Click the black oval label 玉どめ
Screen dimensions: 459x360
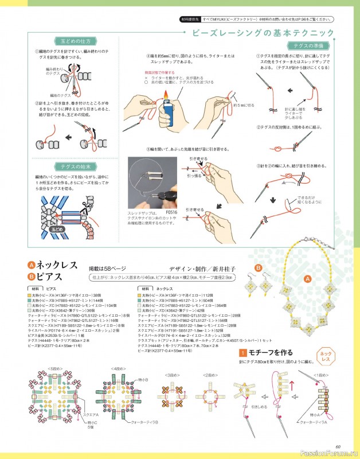click(56, 228)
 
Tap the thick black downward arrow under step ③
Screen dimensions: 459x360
click(273, 200)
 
